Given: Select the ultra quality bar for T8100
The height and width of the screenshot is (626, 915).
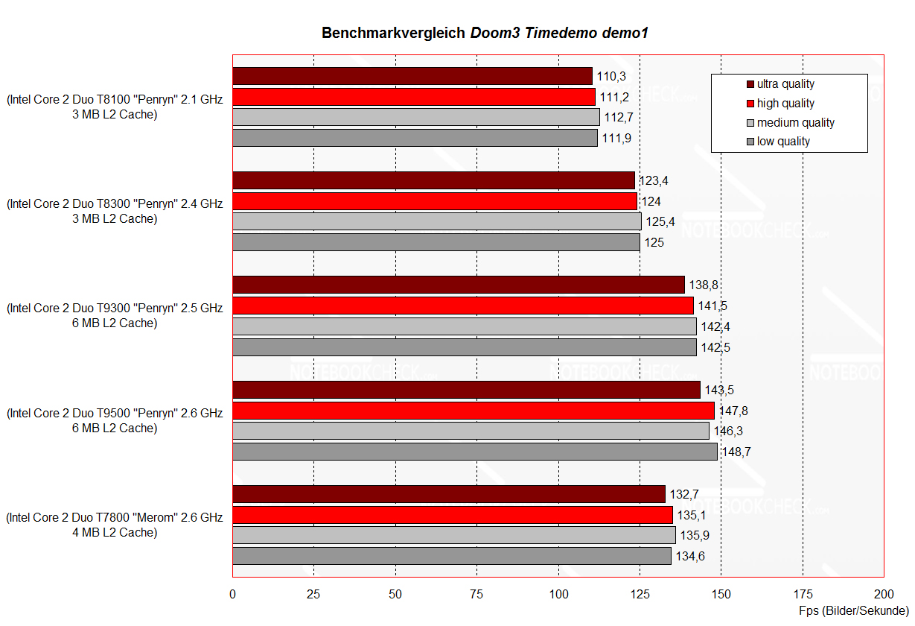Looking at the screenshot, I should coord(412,76).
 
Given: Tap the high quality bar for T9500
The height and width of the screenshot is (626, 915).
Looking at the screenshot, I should coord(474,411).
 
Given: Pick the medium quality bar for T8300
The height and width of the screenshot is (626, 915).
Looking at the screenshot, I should coord(437,221).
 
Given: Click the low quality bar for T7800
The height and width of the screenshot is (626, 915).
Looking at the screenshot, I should coord(452,556).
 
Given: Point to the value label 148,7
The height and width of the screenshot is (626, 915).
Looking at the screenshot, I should coord(737,452).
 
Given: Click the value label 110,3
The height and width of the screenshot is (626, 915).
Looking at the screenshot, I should coord(611,76).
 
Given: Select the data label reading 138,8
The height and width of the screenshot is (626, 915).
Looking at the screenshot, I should coord(704,285).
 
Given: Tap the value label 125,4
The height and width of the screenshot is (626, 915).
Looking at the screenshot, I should coord(660,221).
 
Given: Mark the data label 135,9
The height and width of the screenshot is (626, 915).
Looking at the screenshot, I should coord(695,535).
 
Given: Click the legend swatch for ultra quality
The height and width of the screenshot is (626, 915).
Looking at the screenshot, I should coord(750,84).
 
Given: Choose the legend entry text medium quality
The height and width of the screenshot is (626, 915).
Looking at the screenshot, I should coord(796,122).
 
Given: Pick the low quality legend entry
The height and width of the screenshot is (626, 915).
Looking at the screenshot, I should coord(783,141).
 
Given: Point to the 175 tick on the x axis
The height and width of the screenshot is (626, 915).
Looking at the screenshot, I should coord(803,594).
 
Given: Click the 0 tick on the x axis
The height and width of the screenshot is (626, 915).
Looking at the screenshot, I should coord(233,594).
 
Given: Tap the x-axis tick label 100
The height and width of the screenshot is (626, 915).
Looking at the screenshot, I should coord(558,594).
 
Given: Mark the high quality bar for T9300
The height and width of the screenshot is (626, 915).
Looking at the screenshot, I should coord(463,306).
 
